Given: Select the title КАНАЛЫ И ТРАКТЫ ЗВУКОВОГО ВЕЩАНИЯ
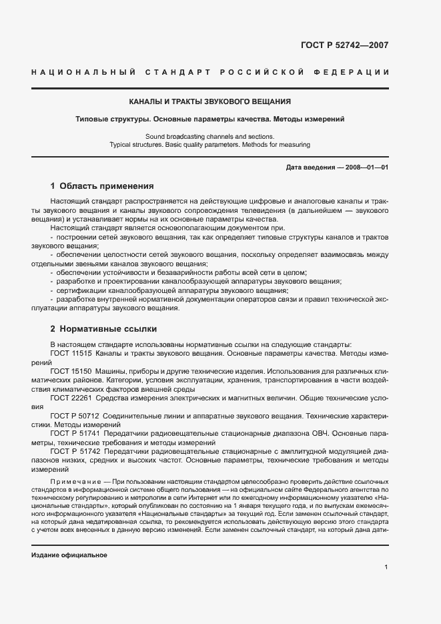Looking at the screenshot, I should click(x=209, y=102).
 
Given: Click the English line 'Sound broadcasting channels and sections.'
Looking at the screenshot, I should click(x=209, y=136).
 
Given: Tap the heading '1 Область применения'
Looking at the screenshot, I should click(x=102, y=186).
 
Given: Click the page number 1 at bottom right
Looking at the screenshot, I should click(x=386, y=567).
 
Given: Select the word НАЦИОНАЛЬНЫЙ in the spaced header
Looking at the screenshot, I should click(x=84, y=72).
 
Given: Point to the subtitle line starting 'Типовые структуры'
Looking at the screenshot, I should click(x=209, y=119).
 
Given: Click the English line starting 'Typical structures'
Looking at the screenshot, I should click(x=209, y=144).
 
